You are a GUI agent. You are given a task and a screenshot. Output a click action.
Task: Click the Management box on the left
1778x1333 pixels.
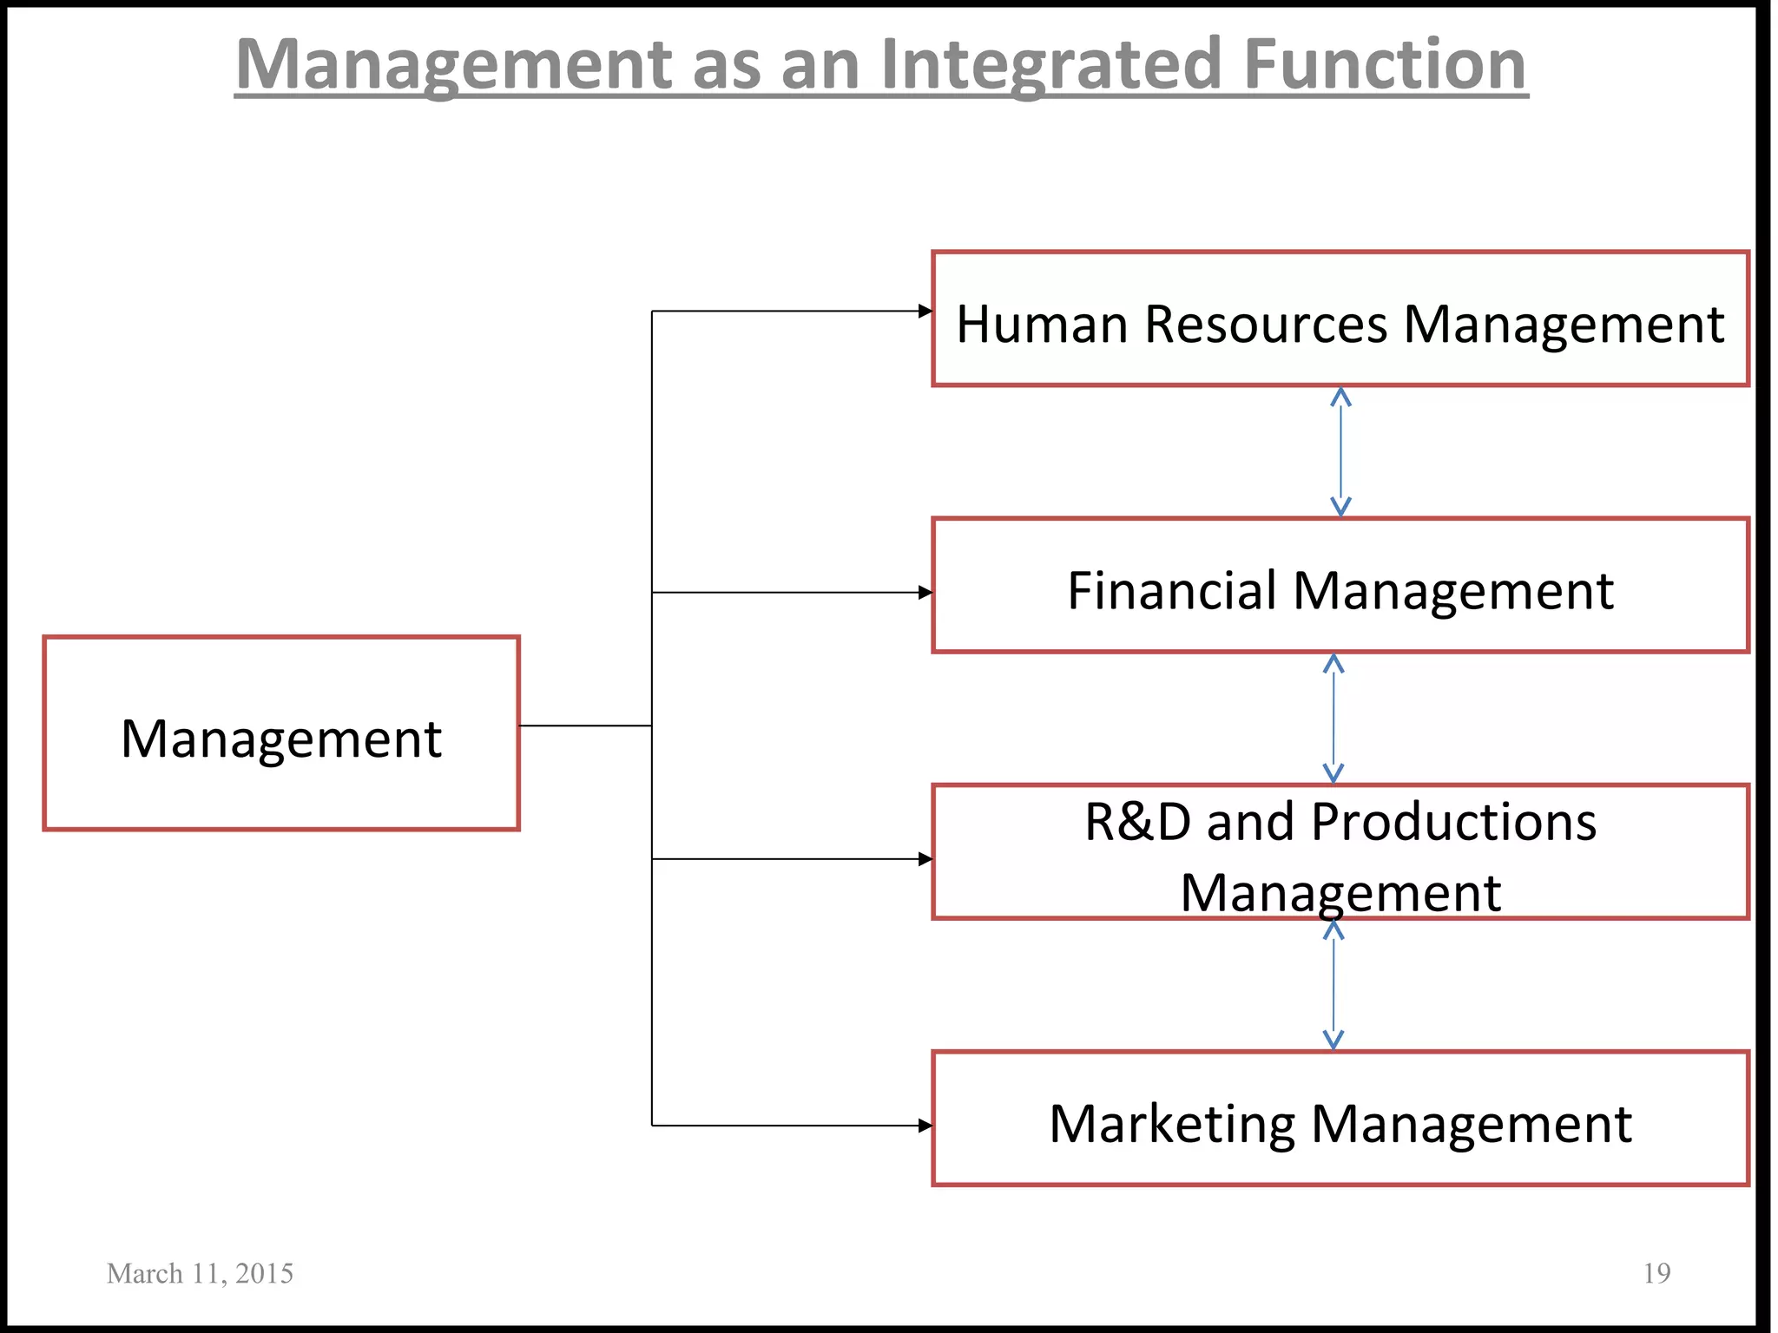(281, 734)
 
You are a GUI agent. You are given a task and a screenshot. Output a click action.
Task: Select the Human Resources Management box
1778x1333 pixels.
(1340, 319)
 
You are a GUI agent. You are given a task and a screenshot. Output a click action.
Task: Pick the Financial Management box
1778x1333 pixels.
(1340, 586)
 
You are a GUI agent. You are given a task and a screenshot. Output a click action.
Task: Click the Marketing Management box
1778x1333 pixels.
(1340, 1119)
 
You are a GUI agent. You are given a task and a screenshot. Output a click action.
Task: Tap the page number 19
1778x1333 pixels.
(1656, 1273)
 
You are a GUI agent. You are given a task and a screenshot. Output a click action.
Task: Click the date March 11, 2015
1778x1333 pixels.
(200, 1273)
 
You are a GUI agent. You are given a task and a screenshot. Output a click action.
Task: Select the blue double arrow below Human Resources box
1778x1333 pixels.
(1340, 452)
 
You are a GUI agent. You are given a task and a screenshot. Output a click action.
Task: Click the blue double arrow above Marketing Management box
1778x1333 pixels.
(1333, 985)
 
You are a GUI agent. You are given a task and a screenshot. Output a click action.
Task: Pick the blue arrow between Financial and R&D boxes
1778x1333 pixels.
(1333, 719)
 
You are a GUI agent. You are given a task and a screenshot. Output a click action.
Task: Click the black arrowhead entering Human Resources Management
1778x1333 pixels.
(925, 311)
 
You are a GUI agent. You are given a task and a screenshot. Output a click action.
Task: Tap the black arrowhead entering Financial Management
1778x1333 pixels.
(925, 593)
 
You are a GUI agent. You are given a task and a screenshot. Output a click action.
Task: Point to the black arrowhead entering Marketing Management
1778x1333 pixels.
(925, 1126)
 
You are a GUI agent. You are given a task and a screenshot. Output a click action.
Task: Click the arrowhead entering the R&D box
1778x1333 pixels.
(925, 859)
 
